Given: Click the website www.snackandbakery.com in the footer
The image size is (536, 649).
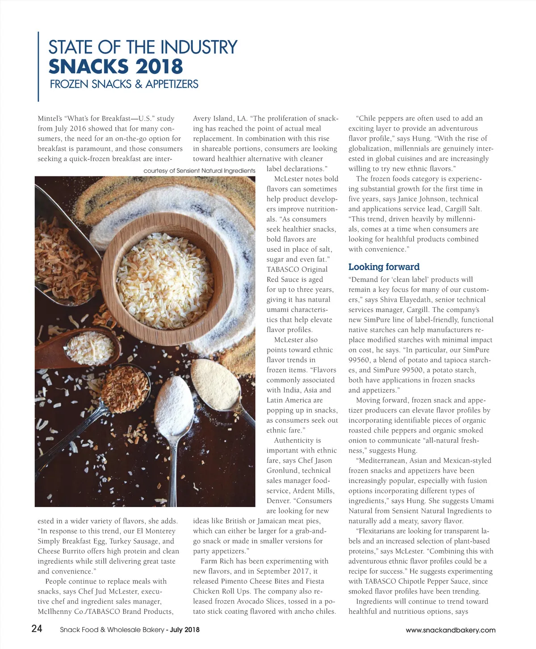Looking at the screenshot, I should [450, 630].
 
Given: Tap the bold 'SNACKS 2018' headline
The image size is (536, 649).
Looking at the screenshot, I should [116, 67].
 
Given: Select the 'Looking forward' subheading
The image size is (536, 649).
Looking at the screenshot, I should [384, 267].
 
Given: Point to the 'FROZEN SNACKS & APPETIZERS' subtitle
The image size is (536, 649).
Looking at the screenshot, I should [124, 84].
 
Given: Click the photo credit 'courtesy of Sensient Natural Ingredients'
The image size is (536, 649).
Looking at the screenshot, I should [199, 171].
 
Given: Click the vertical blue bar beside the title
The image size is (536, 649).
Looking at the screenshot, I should [39, 67].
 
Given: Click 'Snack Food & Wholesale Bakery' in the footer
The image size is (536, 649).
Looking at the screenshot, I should [112, 630].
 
